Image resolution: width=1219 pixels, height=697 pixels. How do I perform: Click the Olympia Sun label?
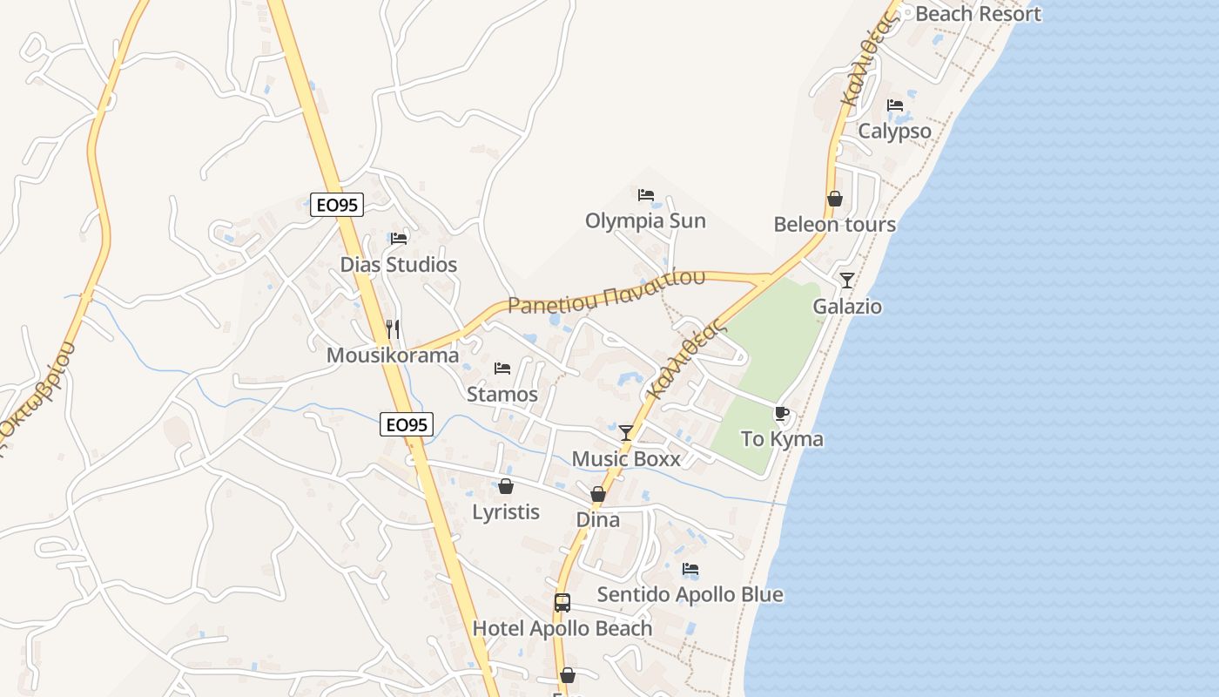(645, 221)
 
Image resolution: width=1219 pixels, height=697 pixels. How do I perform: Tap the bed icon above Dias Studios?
(399, 238)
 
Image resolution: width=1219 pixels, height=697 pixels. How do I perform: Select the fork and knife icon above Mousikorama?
(393, 329)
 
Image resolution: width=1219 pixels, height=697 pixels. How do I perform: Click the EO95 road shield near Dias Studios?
(337, 206)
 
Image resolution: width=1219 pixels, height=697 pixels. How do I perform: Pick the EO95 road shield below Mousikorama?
(407, 424)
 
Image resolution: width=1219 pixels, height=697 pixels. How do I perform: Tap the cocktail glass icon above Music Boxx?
(626, 433)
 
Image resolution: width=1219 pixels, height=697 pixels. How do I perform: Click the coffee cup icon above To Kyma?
(781, 413)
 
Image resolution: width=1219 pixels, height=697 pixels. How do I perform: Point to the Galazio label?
(847, 307)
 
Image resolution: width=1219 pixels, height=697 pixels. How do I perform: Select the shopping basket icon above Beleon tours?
(834, 199)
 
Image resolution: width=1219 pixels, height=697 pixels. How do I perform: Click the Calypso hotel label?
(894, 132)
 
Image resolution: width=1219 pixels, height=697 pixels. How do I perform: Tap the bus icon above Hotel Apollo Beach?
(562, 602)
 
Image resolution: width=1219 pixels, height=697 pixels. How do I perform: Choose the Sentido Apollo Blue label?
(690, 595)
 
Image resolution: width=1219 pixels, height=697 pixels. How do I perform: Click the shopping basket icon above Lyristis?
(506, 486)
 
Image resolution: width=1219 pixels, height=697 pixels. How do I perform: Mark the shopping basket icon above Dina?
(598, 494)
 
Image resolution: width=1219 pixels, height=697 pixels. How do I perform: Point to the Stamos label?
(502, 394)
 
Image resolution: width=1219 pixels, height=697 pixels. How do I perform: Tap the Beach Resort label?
(978, 14)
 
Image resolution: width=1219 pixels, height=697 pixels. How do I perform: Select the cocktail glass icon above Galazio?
(847, 281)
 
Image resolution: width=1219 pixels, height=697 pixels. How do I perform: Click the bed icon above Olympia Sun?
(645, 195)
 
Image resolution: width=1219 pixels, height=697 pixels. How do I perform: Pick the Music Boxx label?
(626, 459)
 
